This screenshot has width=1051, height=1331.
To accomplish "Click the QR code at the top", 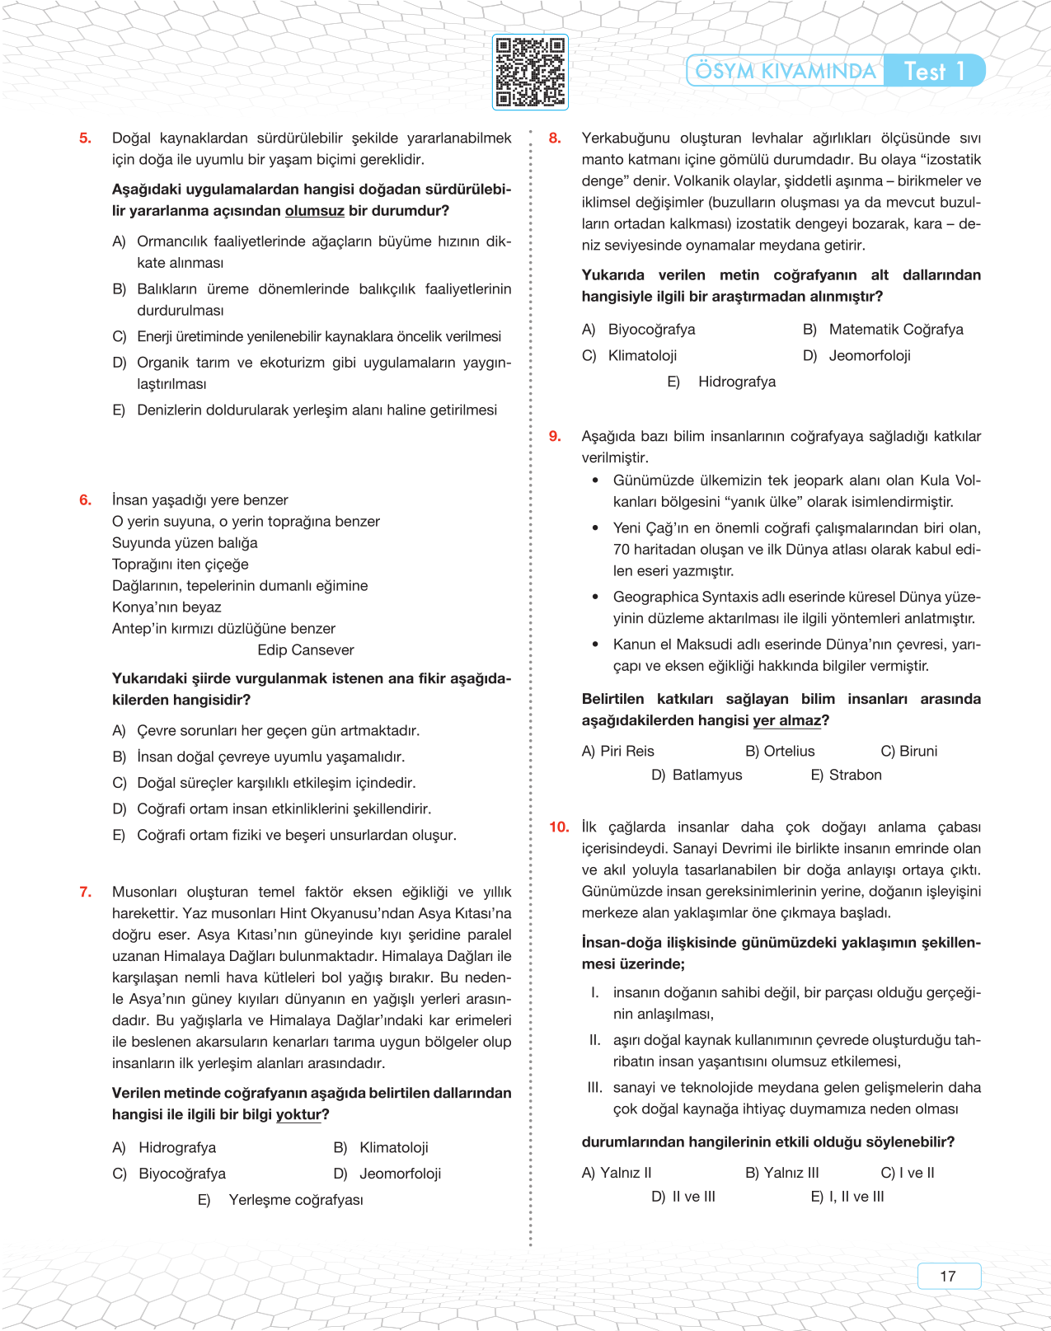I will point(530,72).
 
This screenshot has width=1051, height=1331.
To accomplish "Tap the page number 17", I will point(948,1276).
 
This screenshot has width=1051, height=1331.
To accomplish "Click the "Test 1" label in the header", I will point(934,71).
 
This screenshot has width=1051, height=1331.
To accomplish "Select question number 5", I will point(85,138).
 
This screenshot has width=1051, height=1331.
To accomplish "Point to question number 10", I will point(559,827).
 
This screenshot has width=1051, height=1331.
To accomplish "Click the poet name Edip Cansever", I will point(305,650).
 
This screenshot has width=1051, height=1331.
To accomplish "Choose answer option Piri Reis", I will point(618,752).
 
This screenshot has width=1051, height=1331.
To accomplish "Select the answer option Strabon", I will point(847,776).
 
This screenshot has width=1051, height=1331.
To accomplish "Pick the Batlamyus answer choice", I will point(697,776).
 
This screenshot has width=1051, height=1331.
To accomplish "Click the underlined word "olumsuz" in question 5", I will point(314,211).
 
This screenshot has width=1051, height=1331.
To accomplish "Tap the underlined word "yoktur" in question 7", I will point(298,1115).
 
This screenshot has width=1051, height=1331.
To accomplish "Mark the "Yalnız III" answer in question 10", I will point(782,1173).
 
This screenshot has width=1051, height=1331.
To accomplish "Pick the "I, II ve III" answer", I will point(848,1197).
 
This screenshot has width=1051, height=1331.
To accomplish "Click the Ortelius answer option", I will point(780,752).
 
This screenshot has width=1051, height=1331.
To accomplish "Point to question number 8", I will point(555,138).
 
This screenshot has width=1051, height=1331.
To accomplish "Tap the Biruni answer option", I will point(909,752).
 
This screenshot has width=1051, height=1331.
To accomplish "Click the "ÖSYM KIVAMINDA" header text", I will point(785,71).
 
